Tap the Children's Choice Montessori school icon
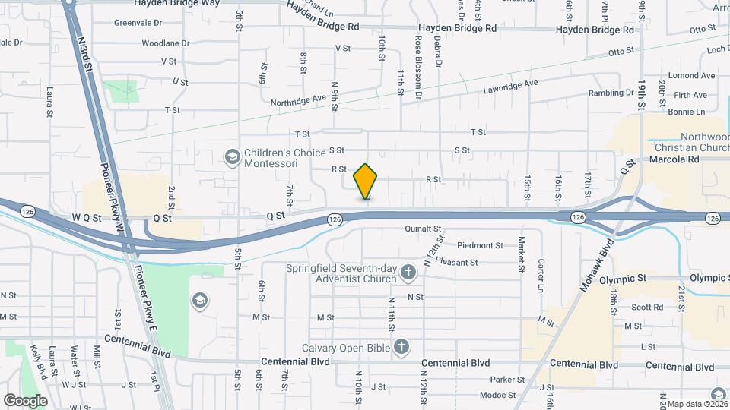click(232, 156)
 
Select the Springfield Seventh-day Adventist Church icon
click(408, 272)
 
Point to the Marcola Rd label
click(674, 160)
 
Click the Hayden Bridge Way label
click(176, 3)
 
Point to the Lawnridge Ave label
click(510, 87)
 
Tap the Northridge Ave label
click(299, 99)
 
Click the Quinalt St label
click(424, 228)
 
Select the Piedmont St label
click(480, 245)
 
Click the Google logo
click(24, 400)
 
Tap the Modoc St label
click(497, 395)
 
